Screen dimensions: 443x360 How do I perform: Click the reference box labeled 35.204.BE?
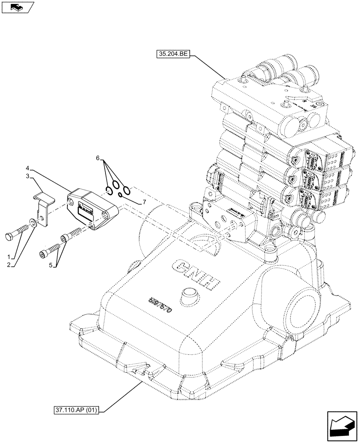tap(173, 54)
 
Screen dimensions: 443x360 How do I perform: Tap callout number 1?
tap(9, 256)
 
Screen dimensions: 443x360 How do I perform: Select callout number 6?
tap(98, 158)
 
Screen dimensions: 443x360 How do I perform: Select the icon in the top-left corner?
tap(17, 7)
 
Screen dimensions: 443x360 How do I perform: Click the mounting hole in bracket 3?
tap(41, 218)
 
